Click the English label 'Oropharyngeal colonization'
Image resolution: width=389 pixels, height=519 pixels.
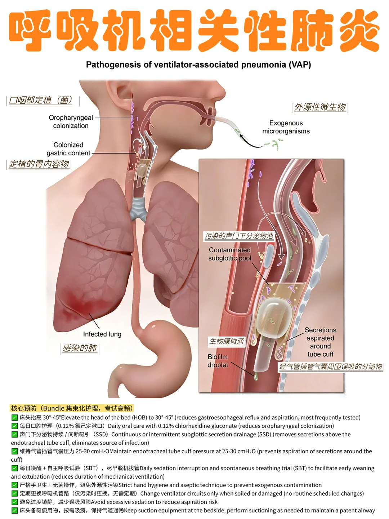(71, 121)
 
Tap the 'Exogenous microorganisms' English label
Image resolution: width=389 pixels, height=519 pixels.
(286, 127)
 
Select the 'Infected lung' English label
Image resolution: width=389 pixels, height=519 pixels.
(102, 334)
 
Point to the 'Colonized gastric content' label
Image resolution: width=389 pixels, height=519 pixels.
(68, 149)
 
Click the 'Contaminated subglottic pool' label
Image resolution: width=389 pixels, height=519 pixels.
(229, 254)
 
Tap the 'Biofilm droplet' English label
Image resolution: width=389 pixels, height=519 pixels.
(218, 361)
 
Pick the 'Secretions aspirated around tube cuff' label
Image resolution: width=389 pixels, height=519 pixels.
(320, 342)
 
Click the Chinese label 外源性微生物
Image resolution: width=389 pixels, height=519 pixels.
(320, 107)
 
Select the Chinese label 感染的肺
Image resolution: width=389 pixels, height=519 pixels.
(80, 348)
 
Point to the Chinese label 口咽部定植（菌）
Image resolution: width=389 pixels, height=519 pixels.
(40, 100)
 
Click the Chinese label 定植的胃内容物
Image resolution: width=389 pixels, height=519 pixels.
(39, 164)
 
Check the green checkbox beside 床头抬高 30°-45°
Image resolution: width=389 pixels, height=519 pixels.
(14, 417)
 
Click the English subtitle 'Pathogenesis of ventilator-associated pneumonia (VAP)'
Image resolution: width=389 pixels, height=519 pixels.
(198, 65)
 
